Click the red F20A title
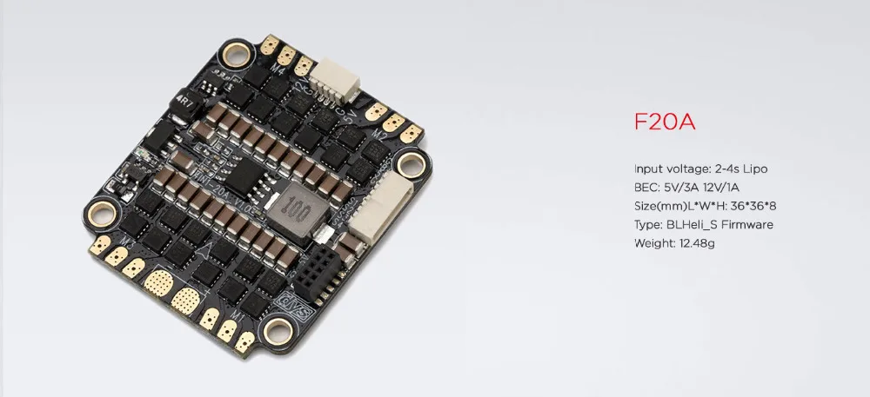(664, 122)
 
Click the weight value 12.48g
(697, 243)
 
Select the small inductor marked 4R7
(182, 105)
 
